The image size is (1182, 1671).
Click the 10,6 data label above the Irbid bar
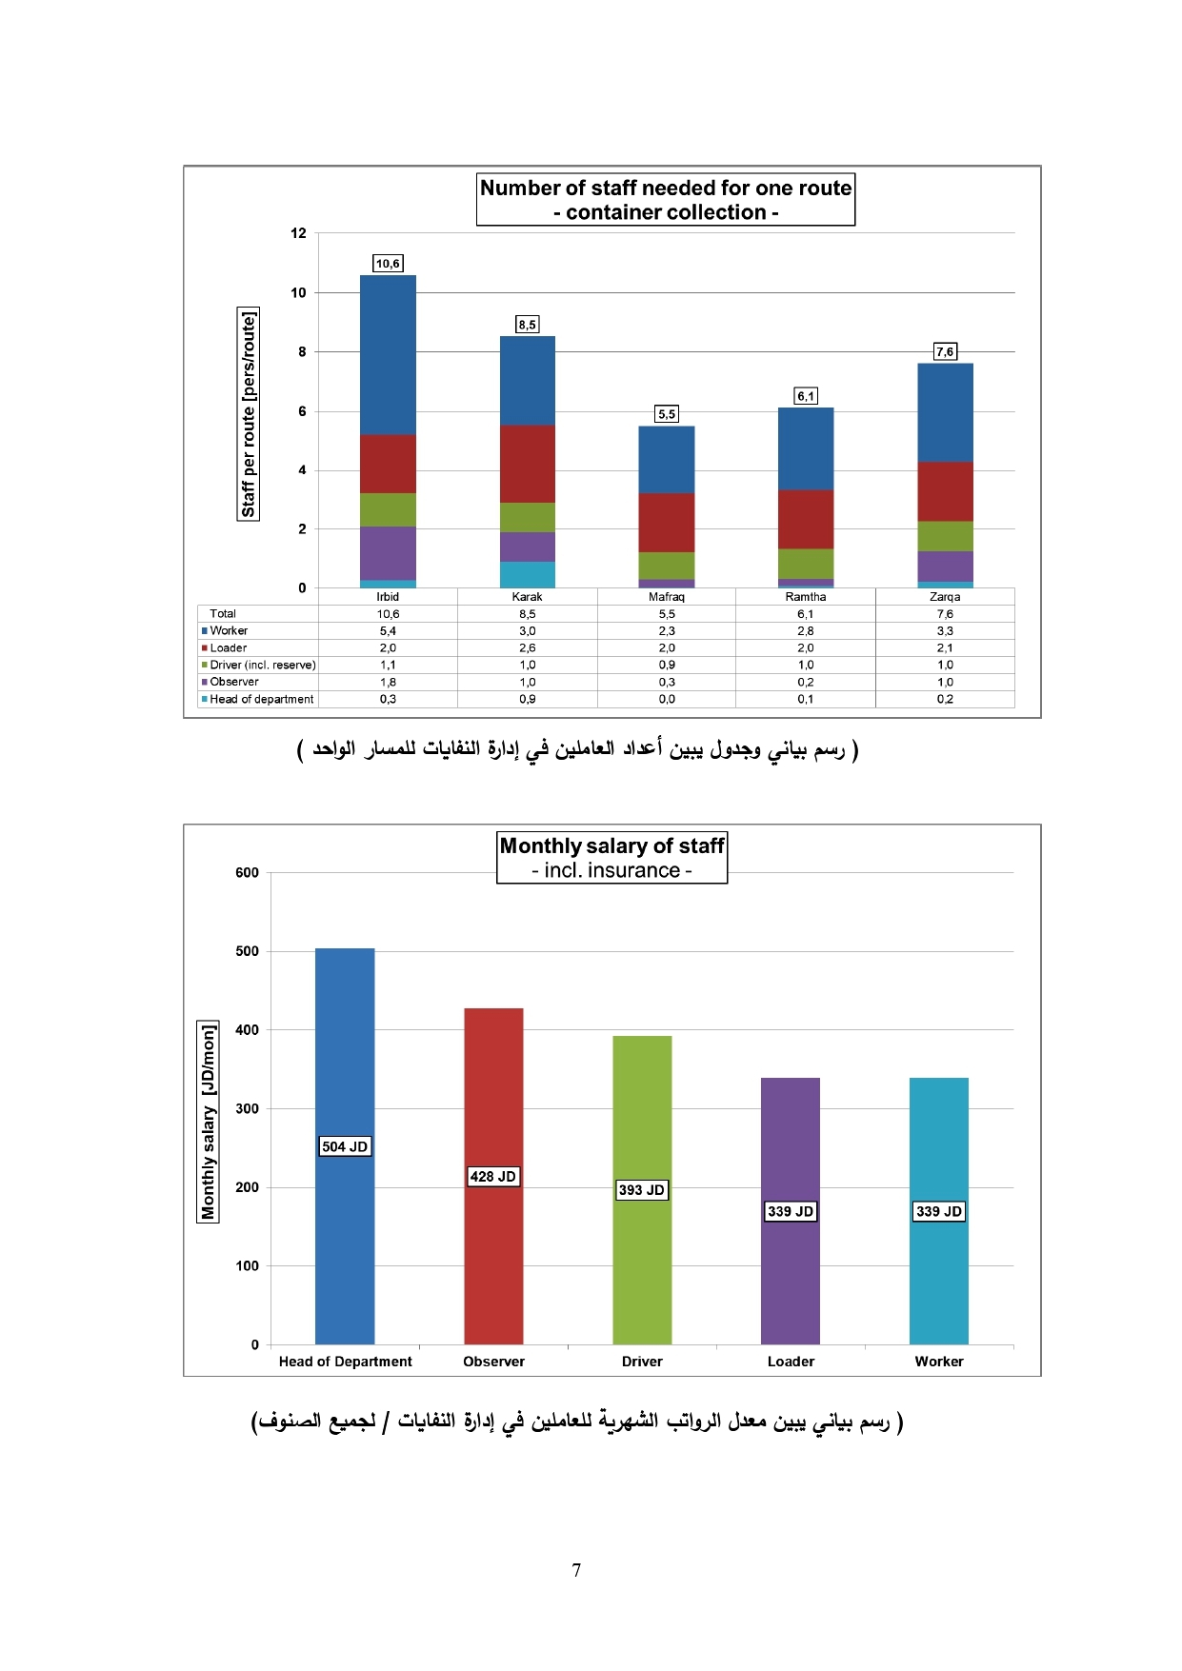(x=388, y=264)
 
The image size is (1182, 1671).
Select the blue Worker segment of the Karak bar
(x=528, y=381)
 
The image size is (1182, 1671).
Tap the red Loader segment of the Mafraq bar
(x=667, y=523)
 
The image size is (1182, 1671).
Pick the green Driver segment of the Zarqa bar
(x=945, y=536)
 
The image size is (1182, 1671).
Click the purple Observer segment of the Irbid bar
(x=388, y=553)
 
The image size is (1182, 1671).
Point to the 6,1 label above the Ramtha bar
(x=806, y=396)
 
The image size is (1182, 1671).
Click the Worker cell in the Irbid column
(x=388, y=631)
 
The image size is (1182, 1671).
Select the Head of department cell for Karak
(x=528, y=699)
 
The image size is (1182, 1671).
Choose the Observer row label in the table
(x=234, y=682)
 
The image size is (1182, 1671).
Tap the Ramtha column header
(x=806, y=597)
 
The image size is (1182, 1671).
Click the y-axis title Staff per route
(x=249, y=414)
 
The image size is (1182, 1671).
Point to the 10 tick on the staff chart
(x=299, y=292)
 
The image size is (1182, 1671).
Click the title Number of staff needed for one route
(x=666, y=188)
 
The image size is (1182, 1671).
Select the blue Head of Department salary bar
(x=345, y=1146)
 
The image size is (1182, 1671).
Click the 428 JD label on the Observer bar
(x=493, y=1177)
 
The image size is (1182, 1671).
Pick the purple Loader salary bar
(x=791, y=1211)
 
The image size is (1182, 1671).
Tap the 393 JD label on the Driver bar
(x=642, y=1190)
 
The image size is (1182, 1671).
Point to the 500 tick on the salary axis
(x=247, y=951)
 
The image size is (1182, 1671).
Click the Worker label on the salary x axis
(x=939, y=1362)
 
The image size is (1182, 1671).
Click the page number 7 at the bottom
(x=577, y=1570)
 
